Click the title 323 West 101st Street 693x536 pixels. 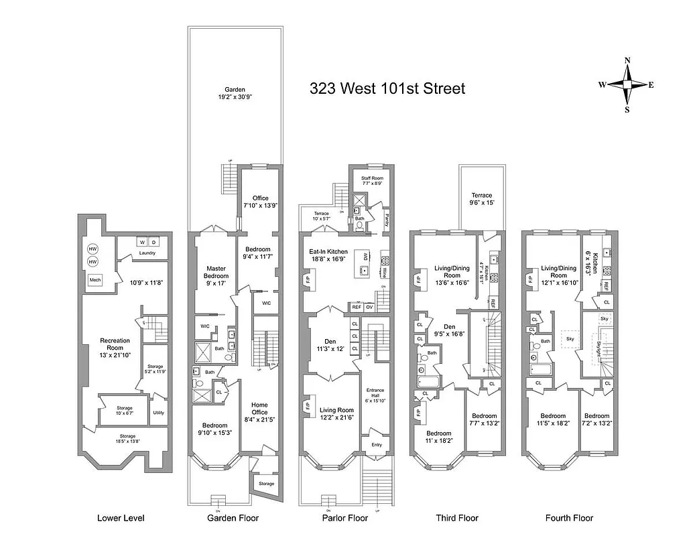387,88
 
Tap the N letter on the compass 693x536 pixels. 627,60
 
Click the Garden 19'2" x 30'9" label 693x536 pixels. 235,93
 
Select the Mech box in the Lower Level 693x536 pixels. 95,279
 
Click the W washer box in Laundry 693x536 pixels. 141,242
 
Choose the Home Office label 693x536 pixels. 259,409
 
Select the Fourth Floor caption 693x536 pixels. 569,518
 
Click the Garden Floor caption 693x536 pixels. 233,518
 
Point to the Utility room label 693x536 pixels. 158,413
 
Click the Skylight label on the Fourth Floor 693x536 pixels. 598,348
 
